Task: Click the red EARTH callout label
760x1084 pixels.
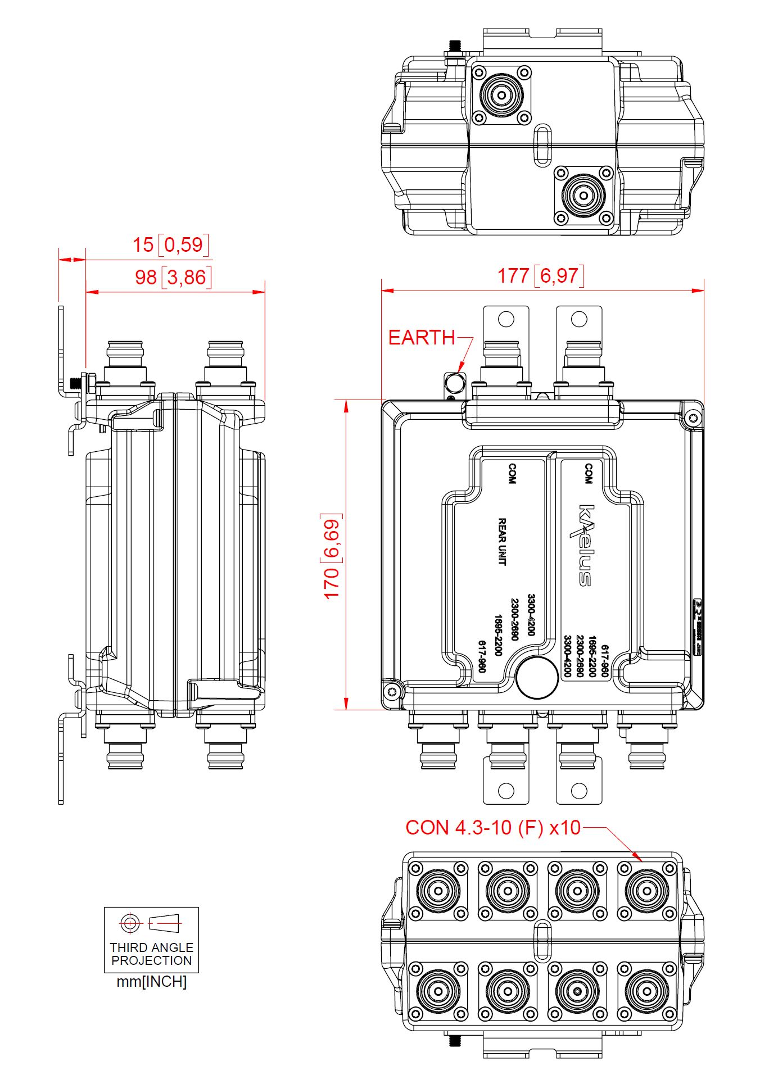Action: pos(422,338)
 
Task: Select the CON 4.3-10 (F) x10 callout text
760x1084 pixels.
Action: pos(492,828)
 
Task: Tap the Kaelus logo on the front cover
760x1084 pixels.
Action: pos(585,545)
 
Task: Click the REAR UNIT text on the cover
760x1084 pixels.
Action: pos(503,541)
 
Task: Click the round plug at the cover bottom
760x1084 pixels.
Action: pos(537,677)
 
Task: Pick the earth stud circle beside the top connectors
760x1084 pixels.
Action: pos(454,383)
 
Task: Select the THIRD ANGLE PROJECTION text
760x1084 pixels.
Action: pos(151,954)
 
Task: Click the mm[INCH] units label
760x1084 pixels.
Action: pos(151,982)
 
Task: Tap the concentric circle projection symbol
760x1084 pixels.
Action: pos(130,923)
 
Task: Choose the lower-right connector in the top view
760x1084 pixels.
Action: pos(583,195)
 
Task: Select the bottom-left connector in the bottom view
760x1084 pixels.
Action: pos(438,991)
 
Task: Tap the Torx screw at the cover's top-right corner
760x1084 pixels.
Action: pos(693,417)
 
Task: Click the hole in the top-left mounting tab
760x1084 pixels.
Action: pos(506,319)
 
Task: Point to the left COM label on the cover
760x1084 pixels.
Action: pos(512,474)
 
